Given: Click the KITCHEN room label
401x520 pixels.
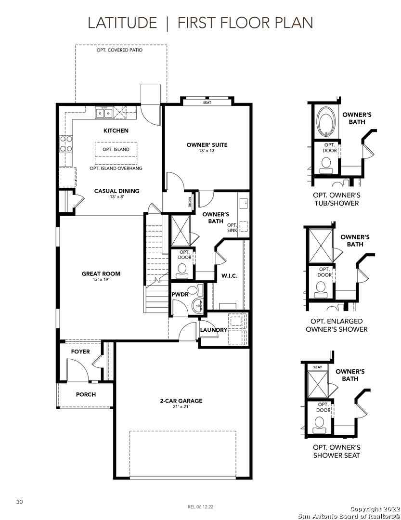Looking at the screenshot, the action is [x=116, y=130].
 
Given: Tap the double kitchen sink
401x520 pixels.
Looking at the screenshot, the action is [x=104, y=113].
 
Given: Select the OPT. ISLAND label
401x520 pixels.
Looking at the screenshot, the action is [x=116, y=149].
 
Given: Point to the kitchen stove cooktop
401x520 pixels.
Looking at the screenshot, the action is [x=65, y=143].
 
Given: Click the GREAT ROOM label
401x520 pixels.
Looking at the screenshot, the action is [x=101, y=273].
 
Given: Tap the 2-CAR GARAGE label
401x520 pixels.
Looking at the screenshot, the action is [x=181, y=401].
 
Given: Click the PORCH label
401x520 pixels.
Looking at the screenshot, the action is [x=86, y=394].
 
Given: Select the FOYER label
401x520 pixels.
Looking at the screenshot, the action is [x=80, y=351].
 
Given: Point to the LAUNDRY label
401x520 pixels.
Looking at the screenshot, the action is [x=214, y=330].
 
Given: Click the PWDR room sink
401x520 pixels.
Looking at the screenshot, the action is [x=198, y=306].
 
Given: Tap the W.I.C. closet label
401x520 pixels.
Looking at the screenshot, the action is [x=230, y=275].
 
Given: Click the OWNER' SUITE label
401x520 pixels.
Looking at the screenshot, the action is [x=207, y=144].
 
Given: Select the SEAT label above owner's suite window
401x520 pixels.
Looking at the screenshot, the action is [x=207, y=103].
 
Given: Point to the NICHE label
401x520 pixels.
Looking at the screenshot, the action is [x=190, y=202].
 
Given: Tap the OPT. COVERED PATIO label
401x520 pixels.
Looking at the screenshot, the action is [x=120, y=50].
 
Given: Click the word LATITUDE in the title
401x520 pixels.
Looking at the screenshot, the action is [x=122, y=23].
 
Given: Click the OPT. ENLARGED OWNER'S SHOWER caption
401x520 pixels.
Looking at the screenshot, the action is [x=336, y=325].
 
